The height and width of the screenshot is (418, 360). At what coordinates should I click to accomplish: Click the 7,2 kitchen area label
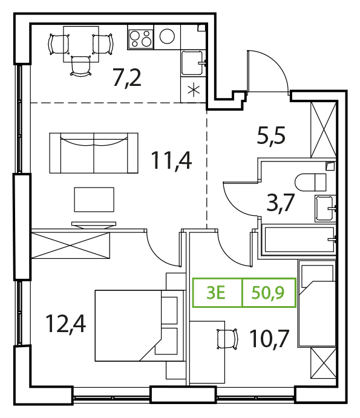[x=127, y=77]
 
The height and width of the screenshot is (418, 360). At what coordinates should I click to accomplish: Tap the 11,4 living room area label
[x=171, y=161]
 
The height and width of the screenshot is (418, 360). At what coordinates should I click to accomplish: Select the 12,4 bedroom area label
[x=65, y=324]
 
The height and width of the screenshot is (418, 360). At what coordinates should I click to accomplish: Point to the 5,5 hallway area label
[x=271, y=136]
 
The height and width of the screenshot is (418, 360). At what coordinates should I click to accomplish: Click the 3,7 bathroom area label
[x=281, y=203]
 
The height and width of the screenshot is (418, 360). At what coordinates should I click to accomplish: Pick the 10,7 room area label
[x=269, y=339]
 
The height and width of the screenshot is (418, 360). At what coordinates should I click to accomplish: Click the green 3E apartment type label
[x=216, y=293]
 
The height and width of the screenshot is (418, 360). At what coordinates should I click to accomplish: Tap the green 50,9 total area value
[x=268, y=293]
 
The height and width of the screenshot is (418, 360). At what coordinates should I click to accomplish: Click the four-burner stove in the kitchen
[x=140, y=39]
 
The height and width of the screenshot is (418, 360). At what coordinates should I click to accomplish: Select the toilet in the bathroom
[x=310, y=182]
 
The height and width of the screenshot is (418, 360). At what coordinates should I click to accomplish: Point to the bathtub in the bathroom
[x=299, y=239]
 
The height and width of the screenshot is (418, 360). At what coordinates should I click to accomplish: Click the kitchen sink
[x=193, y=63]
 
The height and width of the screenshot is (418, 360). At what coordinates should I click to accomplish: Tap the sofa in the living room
[x=94, y=153]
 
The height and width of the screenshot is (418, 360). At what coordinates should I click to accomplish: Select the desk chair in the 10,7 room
[x=227, y=339]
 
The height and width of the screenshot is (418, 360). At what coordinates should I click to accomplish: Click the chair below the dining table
[x=81, y=66]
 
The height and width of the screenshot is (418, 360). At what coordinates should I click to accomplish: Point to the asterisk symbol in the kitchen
[x=194, y=90]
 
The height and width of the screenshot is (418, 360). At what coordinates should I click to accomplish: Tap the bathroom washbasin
[x=325, y=208]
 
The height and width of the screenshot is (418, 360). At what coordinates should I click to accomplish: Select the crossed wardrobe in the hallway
[x=324, y=129]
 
